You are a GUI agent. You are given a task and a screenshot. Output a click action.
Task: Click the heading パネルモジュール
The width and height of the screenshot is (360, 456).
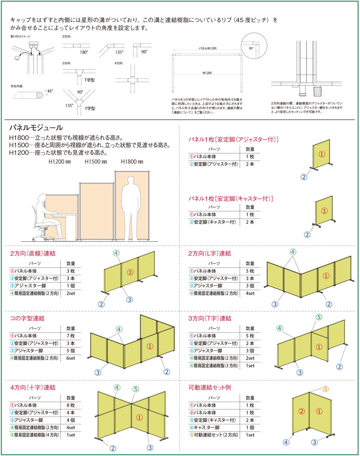point(36,128)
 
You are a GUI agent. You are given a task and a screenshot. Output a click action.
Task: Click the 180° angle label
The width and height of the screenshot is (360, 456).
point(84,52)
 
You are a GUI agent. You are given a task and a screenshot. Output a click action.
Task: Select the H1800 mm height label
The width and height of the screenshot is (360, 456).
point(132,162)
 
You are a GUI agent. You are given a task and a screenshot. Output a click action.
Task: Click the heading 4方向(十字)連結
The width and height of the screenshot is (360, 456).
point(32,387)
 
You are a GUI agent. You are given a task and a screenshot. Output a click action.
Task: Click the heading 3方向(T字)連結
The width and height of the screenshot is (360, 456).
point(210,318)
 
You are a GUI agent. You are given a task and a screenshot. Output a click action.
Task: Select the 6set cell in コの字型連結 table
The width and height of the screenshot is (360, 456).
point(70,358)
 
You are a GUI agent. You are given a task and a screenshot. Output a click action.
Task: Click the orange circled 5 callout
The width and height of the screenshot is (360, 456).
point(325,389)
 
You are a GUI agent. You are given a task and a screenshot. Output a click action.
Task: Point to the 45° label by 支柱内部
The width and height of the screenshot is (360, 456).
point(50,91)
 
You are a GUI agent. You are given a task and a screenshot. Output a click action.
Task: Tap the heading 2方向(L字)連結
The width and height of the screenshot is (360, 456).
point(210,253)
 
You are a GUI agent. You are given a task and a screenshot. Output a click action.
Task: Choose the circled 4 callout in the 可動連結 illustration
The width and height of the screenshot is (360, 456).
point(285,442)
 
